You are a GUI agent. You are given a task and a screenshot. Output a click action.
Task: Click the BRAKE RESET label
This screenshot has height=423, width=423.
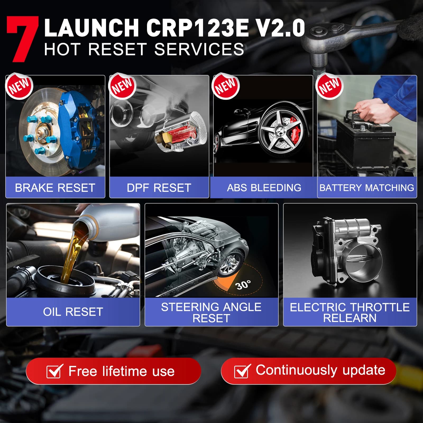55,188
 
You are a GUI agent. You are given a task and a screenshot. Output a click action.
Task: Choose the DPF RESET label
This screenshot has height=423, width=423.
159,188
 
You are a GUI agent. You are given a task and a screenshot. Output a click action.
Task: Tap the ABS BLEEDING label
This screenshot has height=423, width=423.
264,188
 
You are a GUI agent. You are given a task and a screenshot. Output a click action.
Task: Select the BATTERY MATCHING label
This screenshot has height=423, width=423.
367,188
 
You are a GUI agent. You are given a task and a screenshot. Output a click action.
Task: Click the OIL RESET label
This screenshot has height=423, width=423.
73,312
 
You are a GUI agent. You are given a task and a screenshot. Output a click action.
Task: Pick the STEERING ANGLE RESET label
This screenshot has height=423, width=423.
211,312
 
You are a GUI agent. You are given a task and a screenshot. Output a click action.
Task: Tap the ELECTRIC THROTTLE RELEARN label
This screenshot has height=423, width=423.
350,312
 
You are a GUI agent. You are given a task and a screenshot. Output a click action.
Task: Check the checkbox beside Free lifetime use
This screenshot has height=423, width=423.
54,371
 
